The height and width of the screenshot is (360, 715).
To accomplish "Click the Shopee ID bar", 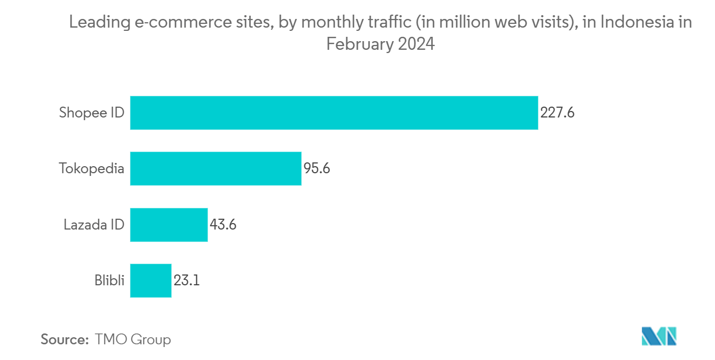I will (334, 113).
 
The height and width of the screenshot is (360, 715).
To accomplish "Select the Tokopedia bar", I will (216, 168).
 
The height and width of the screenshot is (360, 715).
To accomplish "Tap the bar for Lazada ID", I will (168, 225).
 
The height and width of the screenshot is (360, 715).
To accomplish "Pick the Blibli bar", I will (151, 280).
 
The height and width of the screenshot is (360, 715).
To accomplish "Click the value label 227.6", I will (557, 113).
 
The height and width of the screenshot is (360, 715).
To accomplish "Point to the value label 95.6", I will (317, 168).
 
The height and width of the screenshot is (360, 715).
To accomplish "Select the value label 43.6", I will (223, 225).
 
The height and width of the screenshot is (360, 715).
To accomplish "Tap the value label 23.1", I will (187, 280).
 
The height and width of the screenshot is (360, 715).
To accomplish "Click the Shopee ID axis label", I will (92, 113).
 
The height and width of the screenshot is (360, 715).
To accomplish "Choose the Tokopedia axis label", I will (92, 168).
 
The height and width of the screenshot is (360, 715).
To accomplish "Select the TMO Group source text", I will (133, 340).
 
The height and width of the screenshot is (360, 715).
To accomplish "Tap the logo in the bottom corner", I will (659, 337).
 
